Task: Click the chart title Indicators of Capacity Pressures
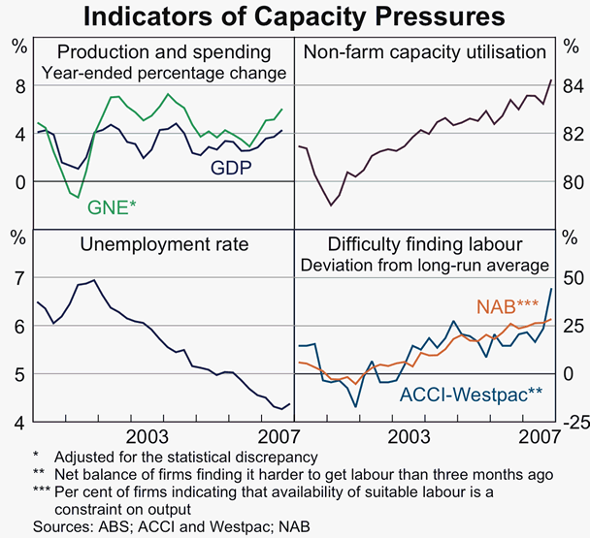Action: [294, 16]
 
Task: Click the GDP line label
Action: [232, 168]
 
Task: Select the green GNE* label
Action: [112, 206]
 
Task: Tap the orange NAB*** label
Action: [507, 307]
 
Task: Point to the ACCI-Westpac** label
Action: [471, 394]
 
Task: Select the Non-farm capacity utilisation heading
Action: [424, 53]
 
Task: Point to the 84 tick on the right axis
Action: [571, 86]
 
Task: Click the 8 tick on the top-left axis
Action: [17, 86]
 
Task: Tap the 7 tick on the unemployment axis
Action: [17, 278]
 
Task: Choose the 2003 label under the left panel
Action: [151, 433]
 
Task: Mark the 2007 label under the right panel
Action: [536, 433]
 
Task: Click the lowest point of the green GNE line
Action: [78, 197]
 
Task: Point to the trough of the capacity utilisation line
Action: [331, 206]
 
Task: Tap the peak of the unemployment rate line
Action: [94, 280]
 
